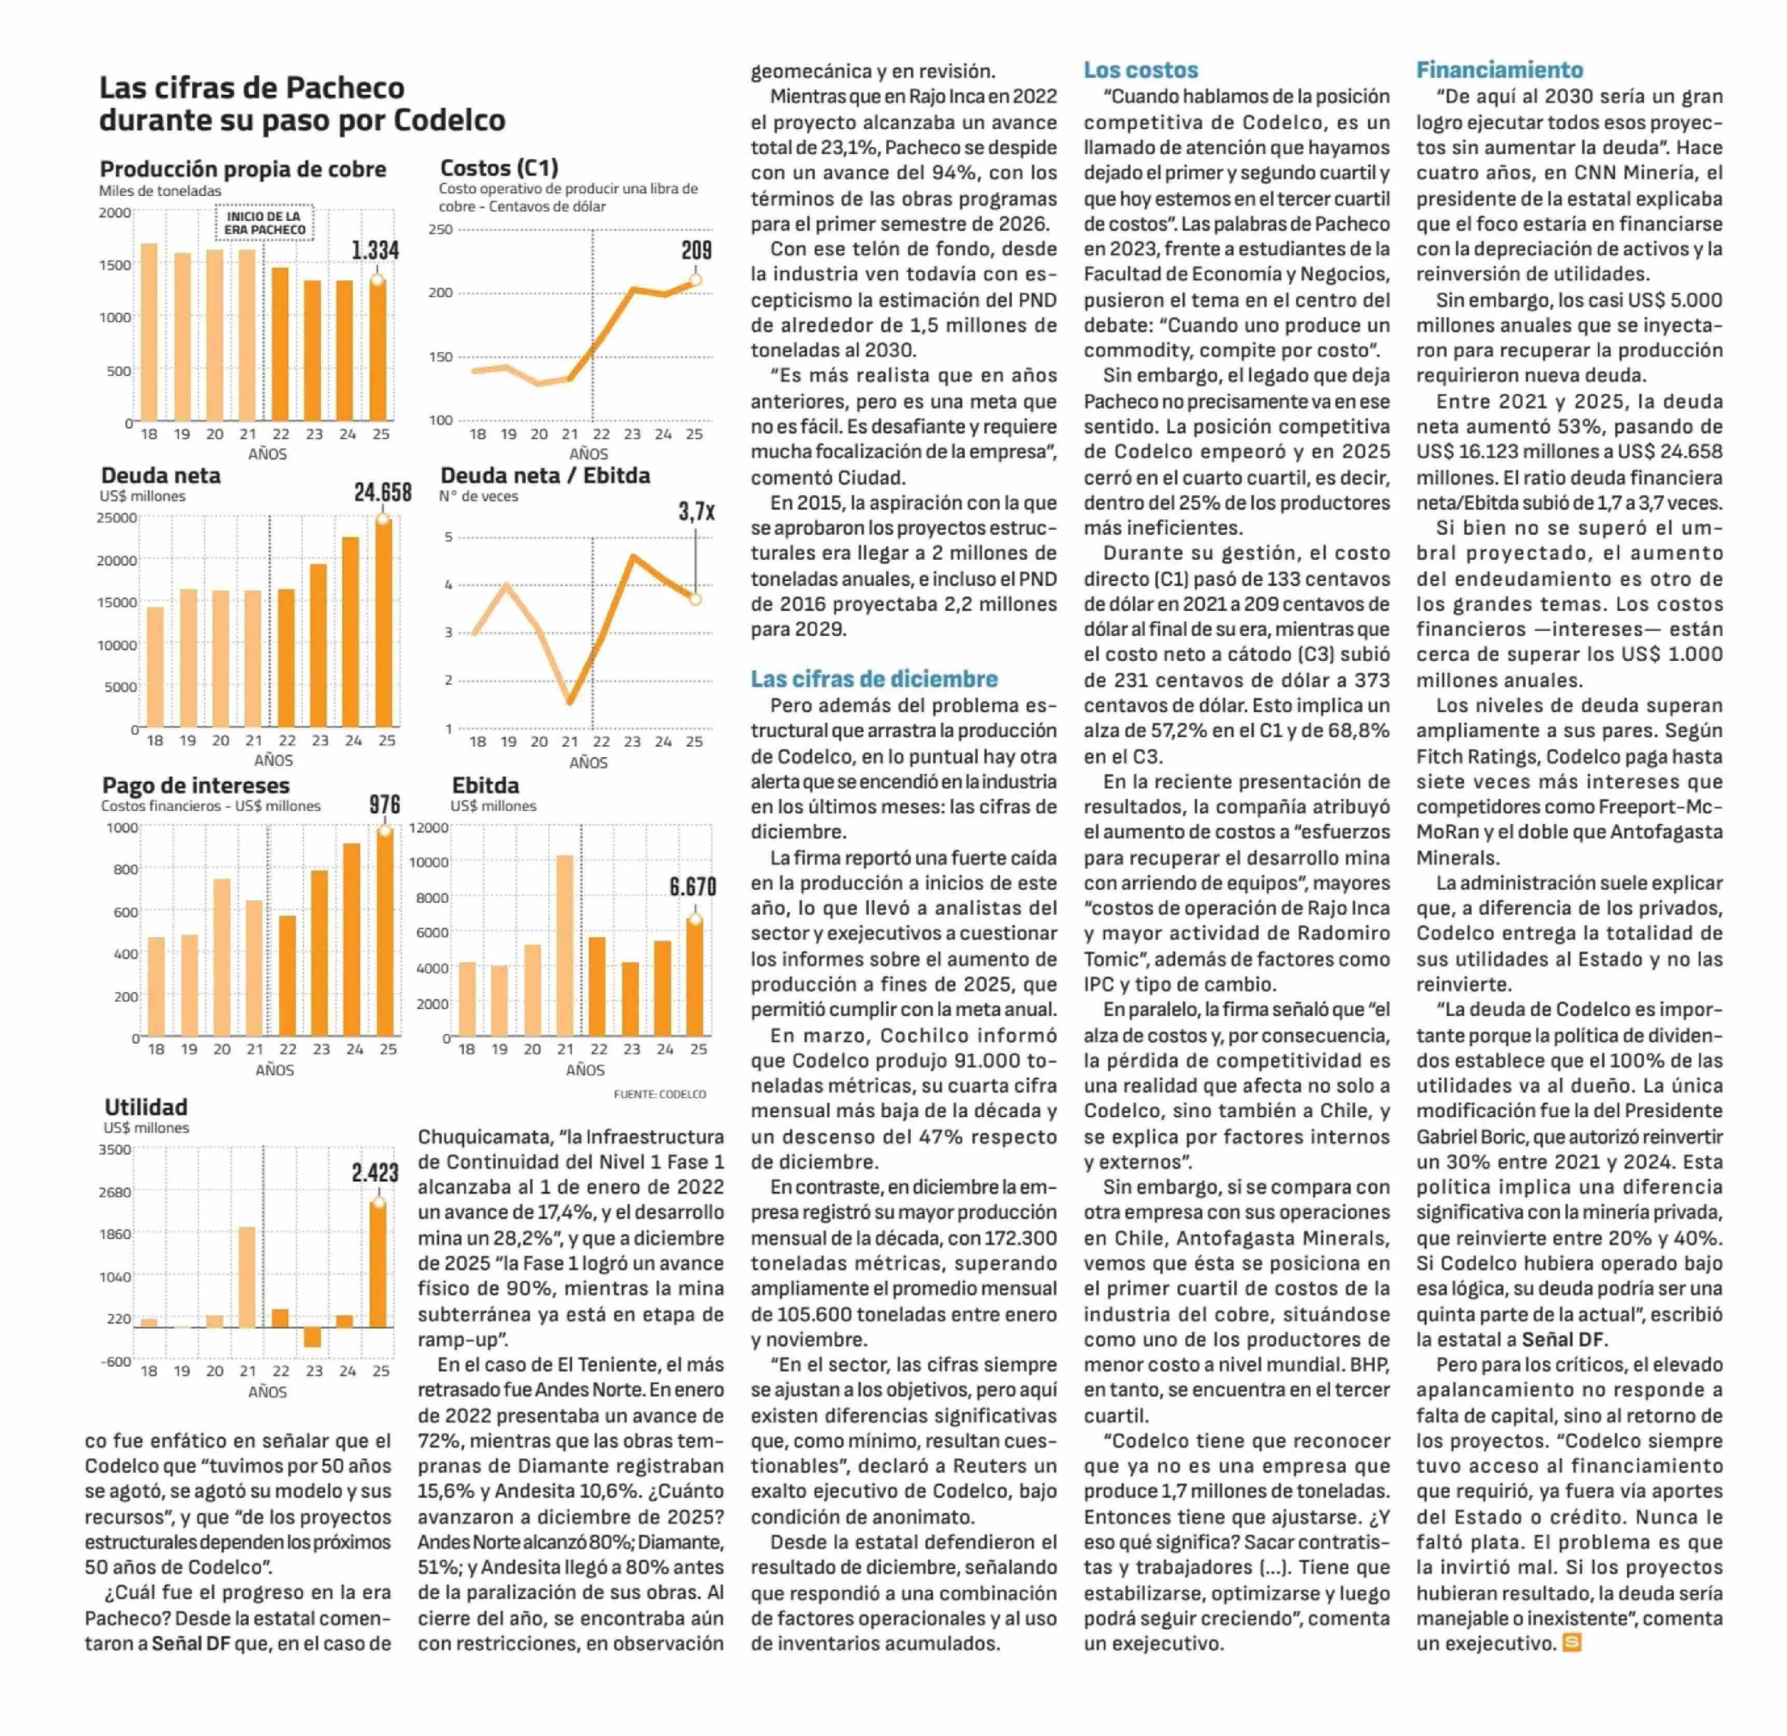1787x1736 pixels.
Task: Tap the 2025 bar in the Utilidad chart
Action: coord(378,1265)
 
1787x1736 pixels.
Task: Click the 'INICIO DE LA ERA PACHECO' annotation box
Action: coord(265,223)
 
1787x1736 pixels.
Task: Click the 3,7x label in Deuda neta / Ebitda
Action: coord(696,512)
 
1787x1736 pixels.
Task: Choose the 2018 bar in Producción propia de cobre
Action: coord(148,331)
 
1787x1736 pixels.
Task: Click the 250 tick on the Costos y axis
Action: coord(441,229)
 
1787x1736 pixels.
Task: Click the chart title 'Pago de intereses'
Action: coord(195,785)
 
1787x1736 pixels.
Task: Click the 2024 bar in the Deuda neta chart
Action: coord(350,631)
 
